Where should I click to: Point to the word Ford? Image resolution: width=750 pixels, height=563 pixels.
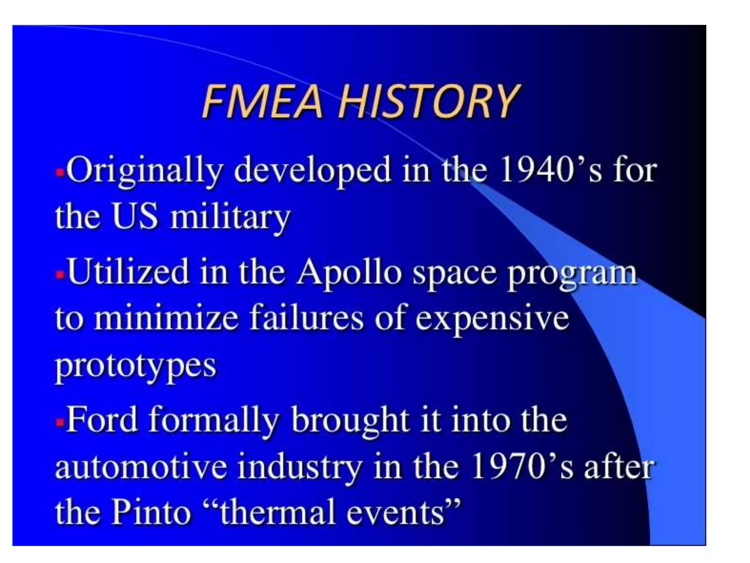point(102,420)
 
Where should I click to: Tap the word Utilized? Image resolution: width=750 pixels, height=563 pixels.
point(128,272)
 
